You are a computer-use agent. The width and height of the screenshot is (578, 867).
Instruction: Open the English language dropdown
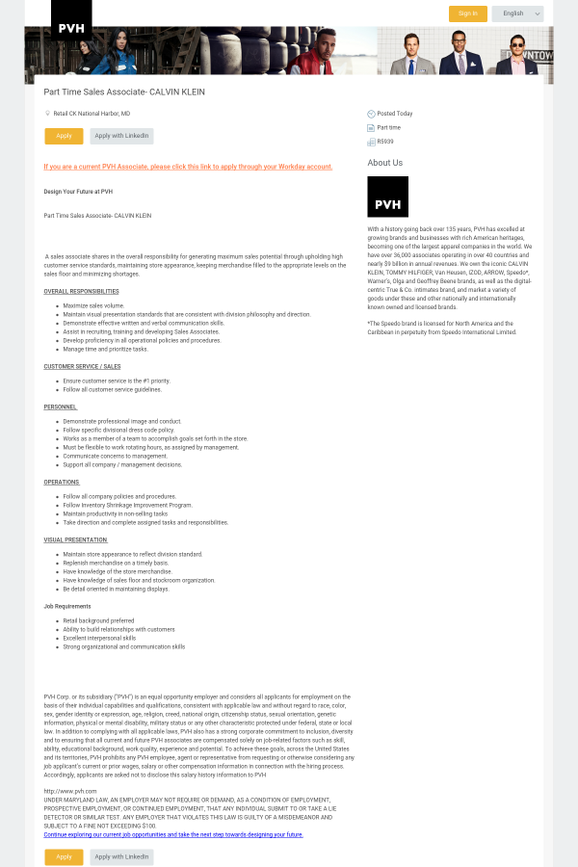pyautogui.click(x=517, y=13)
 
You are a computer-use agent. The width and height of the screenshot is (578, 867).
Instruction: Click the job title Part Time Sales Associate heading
pyautogui.click(x=124, y=92)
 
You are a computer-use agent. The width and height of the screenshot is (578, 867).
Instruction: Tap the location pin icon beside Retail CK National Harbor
pyautogui.click(x=47, y=114)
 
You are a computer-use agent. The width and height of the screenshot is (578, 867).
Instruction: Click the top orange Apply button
pyautogui.click(x=64, y=136)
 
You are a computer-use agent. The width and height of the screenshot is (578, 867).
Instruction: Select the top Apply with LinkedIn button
pyautogui.click(x=121, y=136)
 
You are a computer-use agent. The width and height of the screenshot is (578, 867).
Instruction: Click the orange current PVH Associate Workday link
pyautogui.click(x=188, y=167)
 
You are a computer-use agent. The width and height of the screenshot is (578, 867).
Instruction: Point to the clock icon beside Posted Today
pyautogui.click(x=371, y=114)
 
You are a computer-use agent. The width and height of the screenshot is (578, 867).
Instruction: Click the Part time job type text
pyautogui.click(x=388, y=127)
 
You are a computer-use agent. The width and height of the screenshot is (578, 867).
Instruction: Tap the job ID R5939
pyautogui.click(x=385, y=142)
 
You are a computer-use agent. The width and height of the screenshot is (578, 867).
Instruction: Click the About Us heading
pyautogui.click(x=384, y=163)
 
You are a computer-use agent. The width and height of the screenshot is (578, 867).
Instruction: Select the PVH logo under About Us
pyautogui.click(x=387, y=197)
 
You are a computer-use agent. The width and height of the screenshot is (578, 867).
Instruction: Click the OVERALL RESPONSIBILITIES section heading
pyautogui.click(x=81, y=291)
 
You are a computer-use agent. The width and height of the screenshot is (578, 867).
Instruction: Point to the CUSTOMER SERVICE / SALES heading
pyautogui.click(x=82, y=366)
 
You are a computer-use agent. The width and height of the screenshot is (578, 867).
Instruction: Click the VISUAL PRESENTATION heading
pyautogui.click(x=75, y=539)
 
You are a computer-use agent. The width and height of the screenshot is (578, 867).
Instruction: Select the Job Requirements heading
pyautogui.click(x=67, y=606)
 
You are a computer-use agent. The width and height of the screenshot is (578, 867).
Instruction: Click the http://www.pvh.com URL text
pyautogui.click(x=70, y=791)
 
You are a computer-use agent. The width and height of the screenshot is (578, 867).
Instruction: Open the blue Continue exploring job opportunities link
pyautogui.click(x=173, y=834)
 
